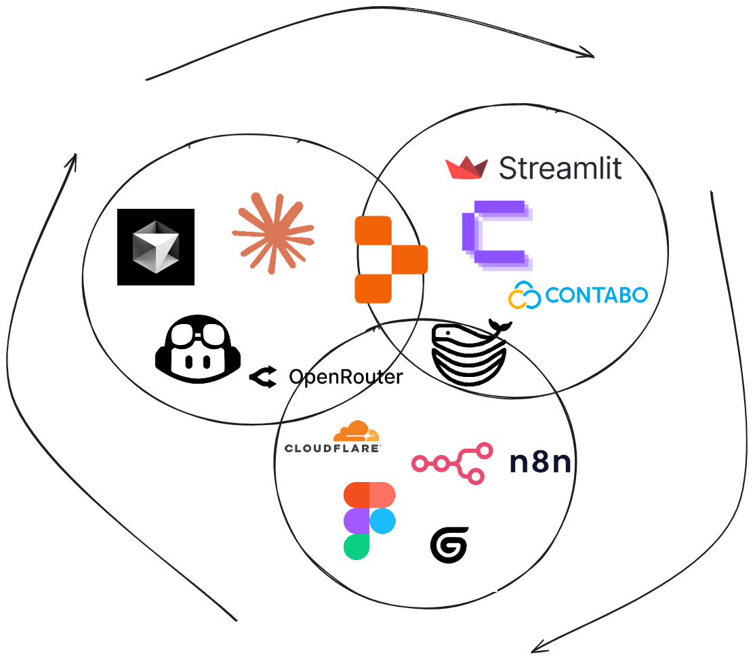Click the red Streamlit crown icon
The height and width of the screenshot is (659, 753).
[467, 168]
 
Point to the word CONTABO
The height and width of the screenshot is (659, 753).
[596, 296]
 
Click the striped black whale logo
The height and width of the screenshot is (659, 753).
[470, 354]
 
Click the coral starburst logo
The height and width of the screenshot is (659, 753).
[272, 233]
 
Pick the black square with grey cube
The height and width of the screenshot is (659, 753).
[156, 247]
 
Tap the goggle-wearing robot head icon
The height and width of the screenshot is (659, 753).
[197, 347]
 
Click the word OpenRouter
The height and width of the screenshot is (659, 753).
[346, 377]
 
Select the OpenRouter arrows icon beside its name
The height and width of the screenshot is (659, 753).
[263, 377]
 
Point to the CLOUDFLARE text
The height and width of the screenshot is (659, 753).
[332, 448]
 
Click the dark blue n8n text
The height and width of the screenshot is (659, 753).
[540, 463]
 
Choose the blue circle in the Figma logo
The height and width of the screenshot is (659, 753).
[383, 521]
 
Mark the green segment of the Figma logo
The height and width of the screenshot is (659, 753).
[357, 546]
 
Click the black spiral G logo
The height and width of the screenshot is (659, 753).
[449, 545]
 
